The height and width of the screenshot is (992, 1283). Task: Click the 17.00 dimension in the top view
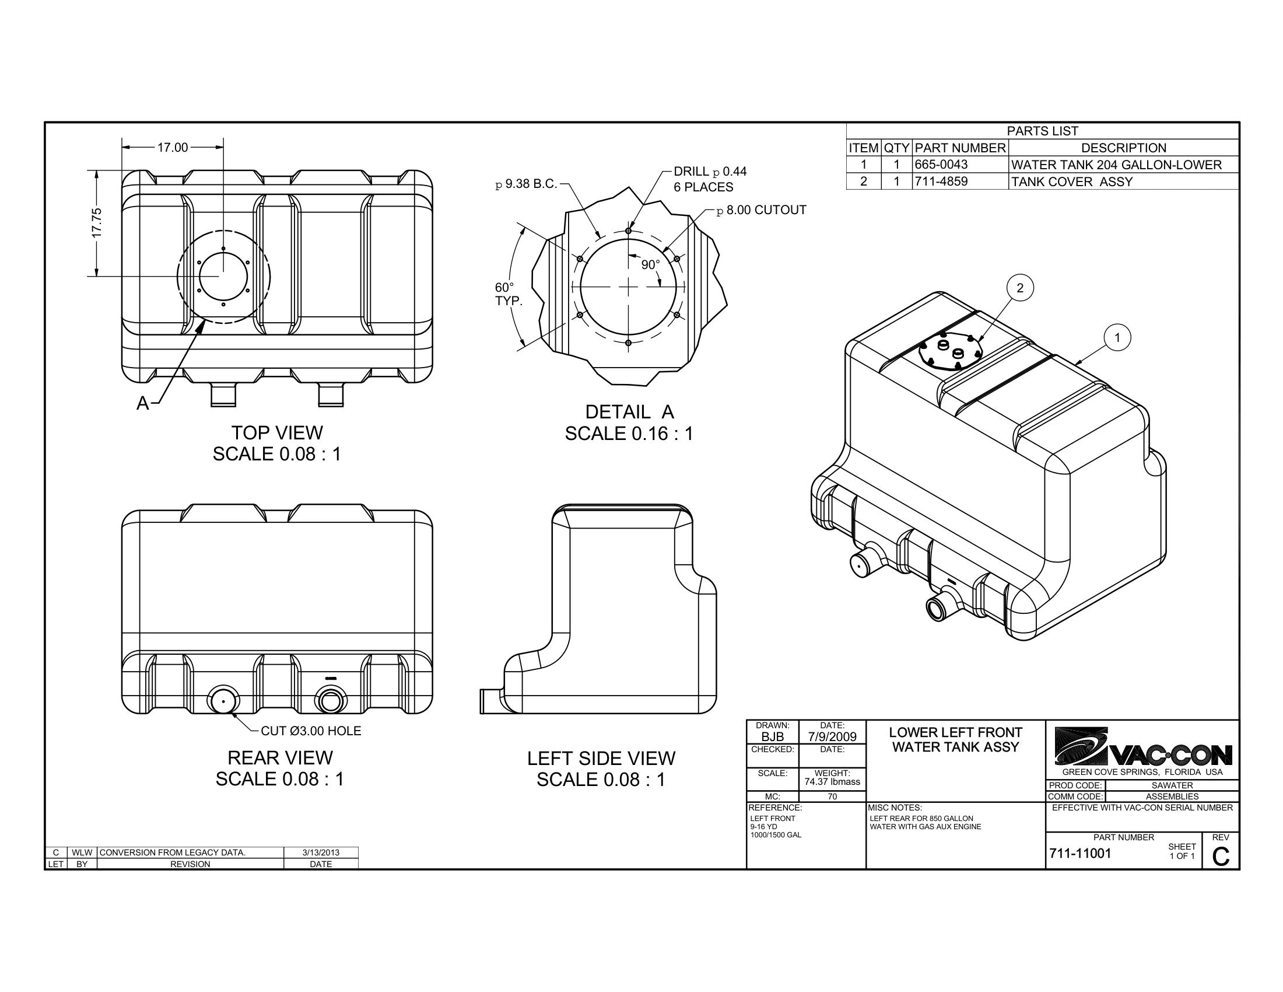point(172,148)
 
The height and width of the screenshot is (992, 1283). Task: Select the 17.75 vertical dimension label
point(97,223)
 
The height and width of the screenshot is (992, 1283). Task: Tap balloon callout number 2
point(1019,288)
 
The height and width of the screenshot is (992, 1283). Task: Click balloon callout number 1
point(1117,338)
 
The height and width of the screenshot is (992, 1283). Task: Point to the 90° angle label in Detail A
point(650,265)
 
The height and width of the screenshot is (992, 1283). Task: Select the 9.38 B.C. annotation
point(527,184)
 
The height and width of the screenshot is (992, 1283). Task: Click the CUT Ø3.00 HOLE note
point(310,731)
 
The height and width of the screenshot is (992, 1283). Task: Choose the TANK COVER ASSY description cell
point(1071,181)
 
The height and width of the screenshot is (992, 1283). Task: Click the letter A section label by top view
point(142,403)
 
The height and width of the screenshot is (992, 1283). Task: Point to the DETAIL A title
point(629,412)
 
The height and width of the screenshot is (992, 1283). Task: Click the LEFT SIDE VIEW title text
point(601,759)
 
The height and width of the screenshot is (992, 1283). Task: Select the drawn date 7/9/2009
point(832,736)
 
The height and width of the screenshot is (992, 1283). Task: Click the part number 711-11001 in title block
point(1079,854)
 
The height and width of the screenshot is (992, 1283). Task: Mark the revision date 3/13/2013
point(321,853)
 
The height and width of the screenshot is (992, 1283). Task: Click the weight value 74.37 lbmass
point(832,781)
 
